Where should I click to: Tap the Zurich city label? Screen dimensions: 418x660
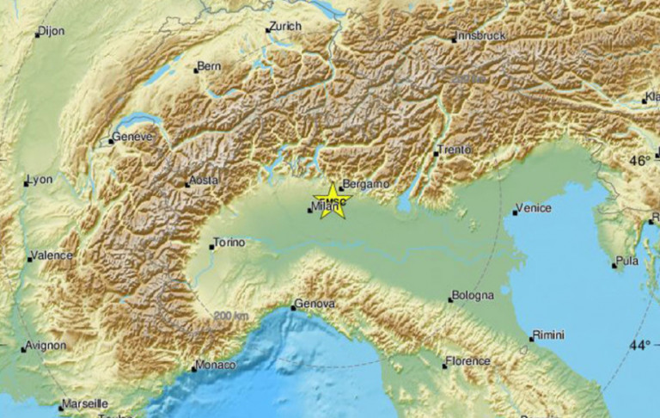[285, 27]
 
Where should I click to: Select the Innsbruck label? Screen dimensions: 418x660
[482, 35]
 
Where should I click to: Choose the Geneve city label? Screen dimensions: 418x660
[134, 137]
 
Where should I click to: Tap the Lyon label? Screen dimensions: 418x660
[41, 180]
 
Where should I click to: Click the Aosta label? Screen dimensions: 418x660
[205, 181]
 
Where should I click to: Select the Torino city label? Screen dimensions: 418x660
[229, 243]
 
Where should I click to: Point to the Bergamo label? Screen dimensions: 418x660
[366, 184]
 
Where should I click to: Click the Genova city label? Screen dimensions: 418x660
[315, 304]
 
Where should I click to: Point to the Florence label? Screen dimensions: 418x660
[469, 361]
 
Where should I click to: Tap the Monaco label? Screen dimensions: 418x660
[217, 366]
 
